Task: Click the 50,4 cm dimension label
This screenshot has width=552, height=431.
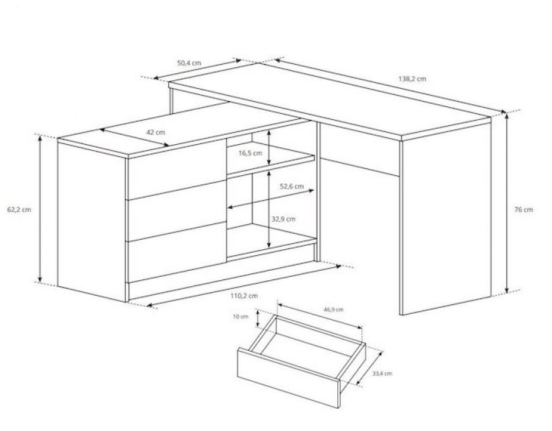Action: [x=189, y=63]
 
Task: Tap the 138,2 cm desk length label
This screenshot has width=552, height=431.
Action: [x=412, y=79]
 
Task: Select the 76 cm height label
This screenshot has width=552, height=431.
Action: [x=524, y=209]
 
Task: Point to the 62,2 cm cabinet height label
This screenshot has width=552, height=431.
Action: [x=19, y=209]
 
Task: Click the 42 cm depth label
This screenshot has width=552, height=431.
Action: [x=156, y=133]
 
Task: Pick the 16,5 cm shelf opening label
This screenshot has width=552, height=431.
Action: [x=250, y=153]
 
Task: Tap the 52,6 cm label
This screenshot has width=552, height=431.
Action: [x=292, y=186]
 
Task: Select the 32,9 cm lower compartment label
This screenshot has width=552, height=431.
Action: [x=284, y=219]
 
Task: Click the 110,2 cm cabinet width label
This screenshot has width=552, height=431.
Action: [x=244, y=296]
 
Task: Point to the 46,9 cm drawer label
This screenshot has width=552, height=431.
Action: [x=333, y=310]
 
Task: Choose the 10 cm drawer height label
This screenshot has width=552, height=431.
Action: [x=240, y=317]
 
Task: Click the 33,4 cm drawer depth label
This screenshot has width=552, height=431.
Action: [x=382, y=374]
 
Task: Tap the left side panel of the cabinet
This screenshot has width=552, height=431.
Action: [x=92, y=221]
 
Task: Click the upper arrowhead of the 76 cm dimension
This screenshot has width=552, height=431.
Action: [x=507, y=116]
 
